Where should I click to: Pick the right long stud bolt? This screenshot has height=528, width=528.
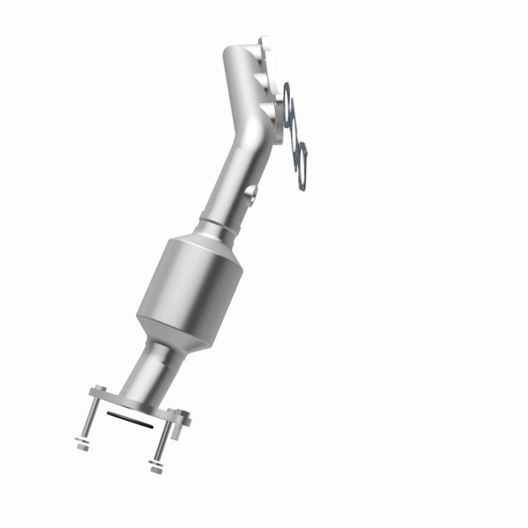(x=164, y=433)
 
